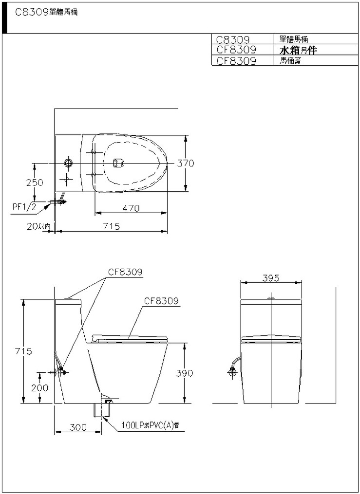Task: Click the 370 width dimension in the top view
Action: point(185,163)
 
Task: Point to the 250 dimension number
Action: point(35,183)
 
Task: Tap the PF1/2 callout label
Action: point(24,206)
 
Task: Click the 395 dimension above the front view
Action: point(271,278)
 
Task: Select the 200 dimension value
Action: point(40,388)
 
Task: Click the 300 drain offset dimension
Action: point(78,427)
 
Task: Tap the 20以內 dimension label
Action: point(39,226)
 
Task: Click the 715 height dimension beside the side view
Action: point(23,351)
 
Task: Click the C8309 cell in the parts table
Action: point(233,39)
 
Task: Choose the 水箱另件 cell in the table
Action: point(298,50)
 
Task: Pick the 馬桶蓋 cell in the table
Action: point(290,60)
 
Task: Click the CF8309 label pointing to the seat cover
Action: point(161,301)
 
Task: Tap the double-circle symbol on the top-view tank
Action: point(68,163)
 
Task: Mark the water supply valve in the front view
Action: point(233,372)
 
